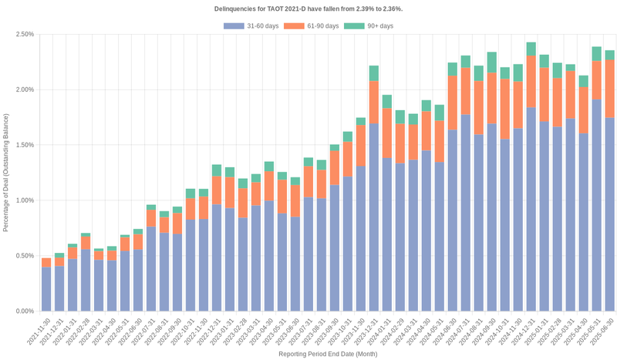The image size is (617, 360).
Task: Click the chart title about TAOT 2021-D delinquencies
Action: tap(308, 8)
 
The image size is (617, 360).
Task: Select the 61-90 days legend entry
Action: tap(311, 26)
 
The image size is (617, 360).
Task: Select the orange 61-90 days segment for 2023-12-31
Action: tap(373, 103)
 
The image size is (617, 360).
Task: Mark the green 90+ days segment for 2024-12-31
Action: tap(531, 49)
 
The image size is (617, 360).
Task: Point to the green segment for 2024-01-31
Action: tap(386, 102)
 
